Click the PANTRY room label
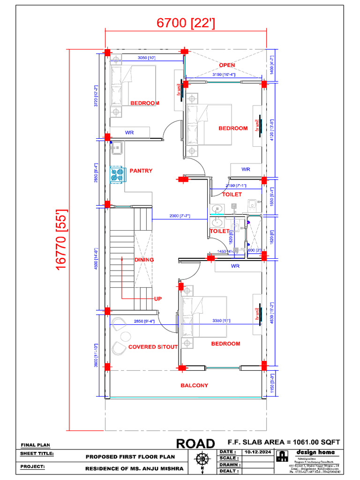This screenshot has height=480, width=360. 141,171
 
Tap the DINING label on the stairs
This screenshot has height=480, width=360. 144,259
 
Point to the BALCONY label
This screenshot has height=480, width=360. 194,385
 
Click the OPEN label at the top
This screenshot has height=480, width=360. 227,65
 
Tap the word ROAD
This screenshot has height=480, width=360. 195,443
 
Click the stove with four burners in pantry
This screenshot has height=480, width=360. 117,175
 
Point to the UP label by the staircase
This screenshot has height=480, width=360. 158,298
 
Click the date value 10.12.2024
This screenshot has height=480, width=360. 257,451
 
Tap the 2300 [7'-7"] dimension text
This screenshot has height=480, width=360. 180,216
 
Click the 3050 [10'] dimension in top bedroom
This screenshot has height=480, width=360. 146,58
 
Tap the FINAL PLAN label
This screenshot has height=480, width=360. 35,445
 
